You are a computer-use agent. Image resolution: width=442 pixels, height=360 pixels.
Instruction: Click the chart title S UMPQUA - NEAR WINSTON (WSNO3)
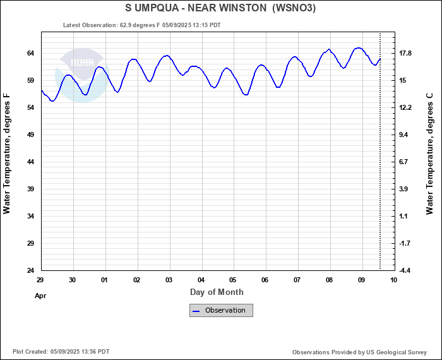(x=220, y=8)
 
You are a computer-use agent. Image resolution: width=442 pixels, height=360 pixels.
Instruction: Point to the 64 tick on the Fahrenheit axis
(x=30, y=53)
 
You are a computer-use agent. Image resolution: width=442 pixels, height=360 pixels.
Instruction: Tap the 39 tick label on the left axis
(x=30, y=189)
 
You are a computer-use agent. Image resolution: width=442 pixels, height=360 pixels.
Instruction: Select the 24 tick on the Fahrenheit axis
(x=30, y=270)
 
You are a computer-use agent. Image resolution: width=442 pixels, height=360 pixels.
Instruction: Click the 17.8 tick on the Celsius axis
(x=405, y=53)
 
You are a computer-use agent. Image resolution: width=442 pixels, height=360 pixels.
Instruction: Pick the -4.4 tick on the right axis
(x=405, y=270)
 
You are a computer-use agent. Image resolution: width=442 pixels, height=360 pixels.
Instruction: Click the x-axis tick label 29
(x=40, y=280)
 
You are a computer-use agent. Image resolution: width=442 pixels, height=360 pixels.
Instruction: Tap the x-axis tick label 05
(x=233, y=280)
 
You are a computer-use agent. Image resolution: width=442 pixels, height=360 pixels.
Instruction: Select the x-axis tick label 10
(x=393, y=280)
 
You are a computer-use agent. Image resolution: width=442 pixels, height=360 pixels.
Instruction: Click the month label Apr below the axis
(x=40, y=295)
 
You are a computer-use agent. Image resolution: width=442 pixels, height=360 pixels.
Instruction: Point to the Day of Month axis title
(x=217, y=292)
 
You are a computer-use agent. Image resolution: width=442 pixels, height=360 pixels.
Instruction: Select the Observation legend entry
(x=221, y=310)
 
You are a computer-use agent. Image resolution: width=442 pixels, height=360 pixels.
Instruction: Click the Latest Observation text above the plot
(x=142, y=25)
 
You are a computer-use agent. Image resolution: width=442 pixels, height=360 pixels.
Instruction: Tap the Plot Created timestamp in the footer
(x=61, y=351)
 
